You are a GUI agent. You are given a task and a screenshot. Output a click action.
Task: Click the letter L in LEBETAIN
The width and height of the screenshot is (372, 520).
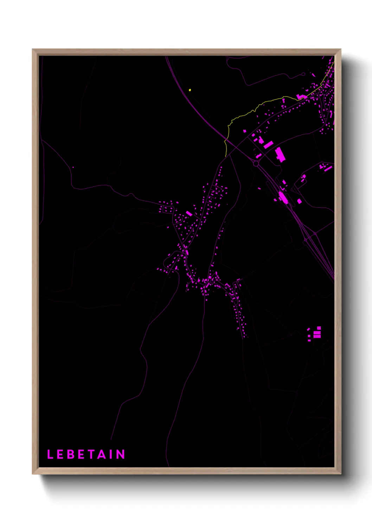pyautogui.click(x=50, y=454)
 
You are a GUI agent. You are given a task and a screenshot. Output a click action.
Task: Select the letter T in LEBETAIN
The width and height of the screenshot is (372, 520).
pyautogui.click(x=91, y=454)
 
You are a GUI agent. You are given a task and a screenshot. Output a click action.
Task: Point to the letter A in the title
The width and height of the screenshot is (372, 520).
pyautogui.click(x=101, y=454)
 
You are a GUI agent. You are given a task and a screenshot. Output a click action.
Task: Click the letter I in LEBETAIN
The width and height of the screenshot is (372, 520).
pyautogui.click(x=111, y=454)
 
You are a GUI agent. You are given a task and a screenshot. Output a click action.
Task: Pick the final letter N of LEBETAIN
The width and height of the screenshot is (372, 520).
pyautogui.click(x=121, y=454)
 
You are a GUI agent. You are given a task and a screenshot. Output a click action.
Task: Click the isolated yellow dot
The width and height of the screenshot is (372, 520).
pyautogui.click(x=190, y=90)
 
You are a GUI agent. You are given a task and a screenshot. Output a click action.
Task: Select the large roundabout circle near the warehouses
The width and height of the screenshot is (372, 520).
pyautogui.click(x=256, y=164)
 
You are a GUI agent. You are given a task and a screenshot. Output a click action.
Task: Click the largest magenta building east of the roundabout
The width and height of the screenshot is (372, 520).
pyautogui.click(x=280, y=155)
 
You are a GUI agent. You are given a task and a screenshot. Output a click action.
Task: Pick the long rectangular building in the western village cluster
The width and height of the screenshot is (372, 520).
pyautogui.click(x=189, y=213)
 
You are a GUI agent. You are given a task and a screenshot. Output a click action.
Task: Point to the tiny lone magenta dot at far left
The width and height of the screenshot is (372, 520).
pyautogui.click(x=73, y=167)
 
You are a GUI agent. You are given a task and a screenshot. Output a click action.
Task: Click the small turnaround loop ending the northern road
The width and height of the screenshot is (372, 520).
pyautogui.click(x=303, y=74)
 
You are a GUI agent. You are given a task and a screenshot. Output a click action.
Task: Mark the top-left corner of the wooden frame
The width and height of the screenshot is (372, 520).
pyautogui.click(x=33, y=50)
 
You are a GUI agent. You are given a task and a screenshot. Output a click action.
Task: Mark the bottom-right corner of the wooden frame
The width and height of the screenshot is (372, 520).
pyautogui.click(x=341, y=474)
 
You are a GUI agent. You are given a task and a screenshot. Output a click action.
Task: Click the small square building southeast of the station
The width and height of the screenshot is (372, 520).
pyautogui.click(x=300, y=201)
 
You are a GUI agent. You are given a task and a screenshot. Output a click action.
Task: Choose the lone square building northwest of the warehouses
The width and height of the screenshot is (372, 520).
pyautogui.click(x=245, y=131)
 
